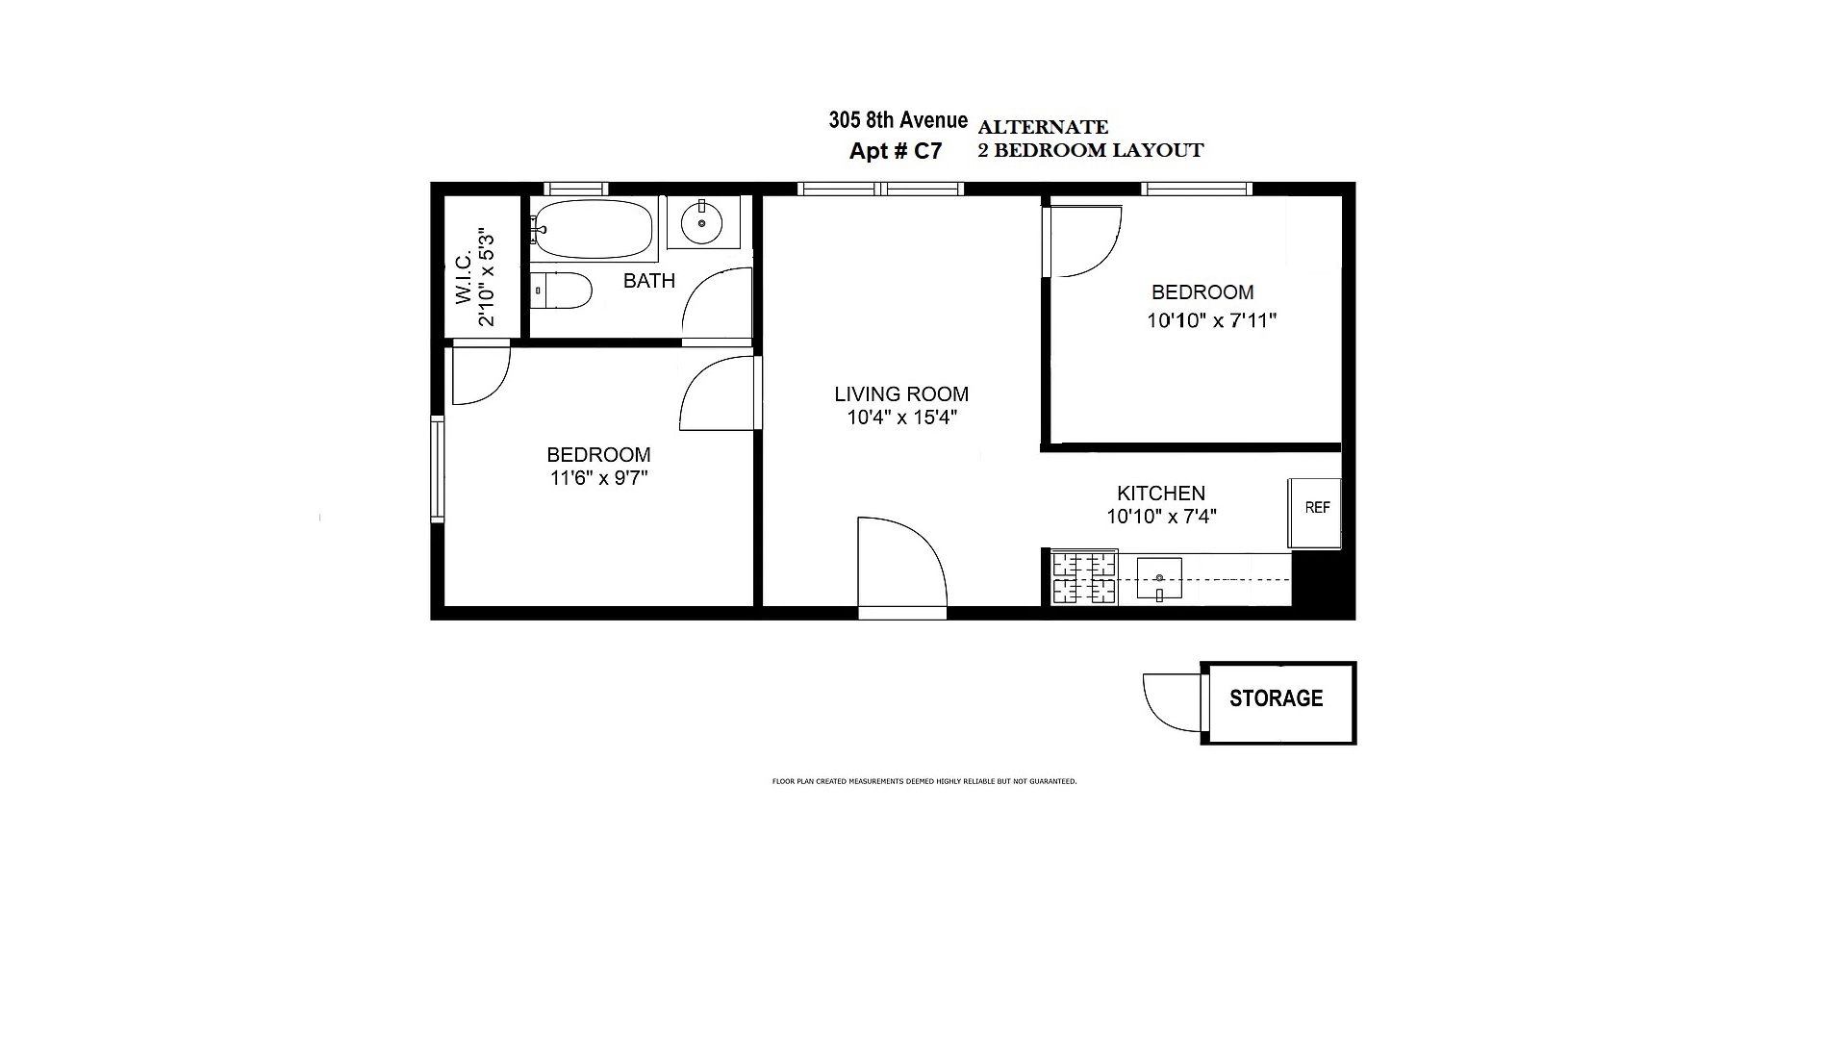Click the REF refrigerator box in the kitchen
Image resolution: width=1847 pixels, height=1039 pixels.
(x=1315, y=514)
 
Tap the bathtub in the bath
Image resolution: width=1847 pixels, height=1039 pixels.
(x=592, y=229)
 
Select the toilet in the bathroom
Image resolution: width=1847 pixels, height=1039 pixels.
(x=562, y=290)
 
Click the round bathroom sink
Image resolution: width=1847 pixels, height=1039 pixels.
(x=702, y=223)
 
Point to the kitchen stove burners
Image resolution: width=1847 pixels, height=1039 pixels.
(x=1084, y=577)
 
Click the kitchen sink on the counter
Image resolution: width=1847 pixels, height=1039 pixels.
(x=1159, y=578)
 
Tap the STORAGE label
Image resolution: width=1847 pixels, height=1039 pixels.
(x=1276, y=698)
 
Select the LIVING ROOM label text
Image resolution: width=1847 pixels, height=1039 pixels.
(x=901, y=393)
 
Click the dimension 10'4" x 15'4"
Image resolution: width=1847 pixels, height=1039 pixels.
(x=901, y=418)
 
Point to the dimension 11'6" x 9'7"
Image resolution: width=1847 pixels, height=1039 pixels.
(x=598, y=478)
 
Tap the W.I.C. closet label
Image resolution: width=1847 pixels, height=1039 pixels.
(x=465, y=279)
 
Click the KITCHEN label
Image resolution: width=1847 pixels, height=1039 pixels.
(x=1161, y=493)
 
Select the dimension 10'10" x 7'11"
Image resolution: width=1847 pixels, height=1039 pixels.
(x=1211, y=320)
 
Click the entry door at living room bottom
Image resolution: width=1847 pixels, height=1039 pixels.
(x=901, y=568)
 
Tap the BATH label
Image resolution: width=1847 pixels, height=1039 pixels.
(x=649, y=281)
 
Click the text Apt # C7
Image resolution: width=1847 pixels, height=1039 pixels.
(x=896, y=151)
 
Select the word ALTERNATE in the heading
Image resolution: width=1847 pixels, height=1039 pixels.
(x=1043, y=127)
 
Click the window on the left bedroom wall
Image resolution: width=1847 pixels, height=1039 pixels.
(x=437, y=469)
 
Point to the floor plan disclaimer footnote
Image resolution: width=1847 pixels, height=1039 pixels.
(x=923, y=781)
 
